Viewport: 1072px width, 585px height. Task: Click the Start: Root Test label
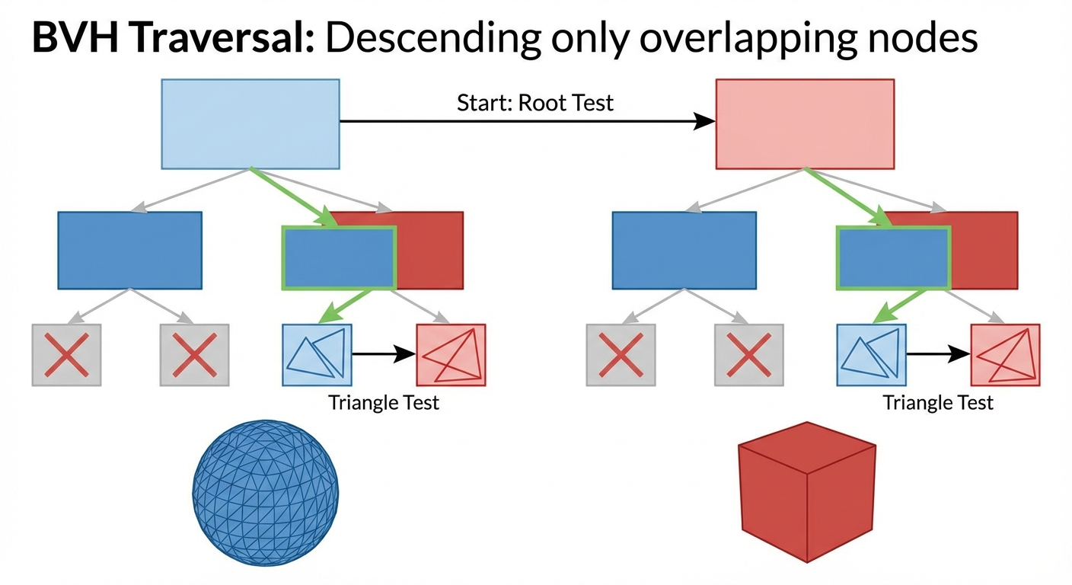(x=534, y=103)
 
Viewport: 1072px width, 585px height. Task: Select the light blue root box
(x=250, y=123)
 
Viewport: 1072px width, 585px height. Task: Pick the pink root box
(x=805, y=123)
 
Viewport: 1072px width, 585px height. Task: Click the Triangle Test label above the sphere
(x=384, y=402)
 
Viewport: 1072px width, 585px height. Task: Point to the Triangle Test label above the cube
(x=938, y=402)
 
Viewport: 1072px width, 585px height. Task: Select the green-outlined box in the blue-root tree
(x=339, y=257)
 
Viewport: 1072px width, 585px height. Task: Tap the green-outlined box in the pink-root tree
(x=893, y=257)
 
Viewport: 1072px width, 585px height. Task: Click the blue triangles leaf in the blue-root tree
(x=317, y=354)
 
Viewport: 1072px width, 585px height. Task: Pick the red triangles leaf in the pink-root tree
(x=1005, y=354)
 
